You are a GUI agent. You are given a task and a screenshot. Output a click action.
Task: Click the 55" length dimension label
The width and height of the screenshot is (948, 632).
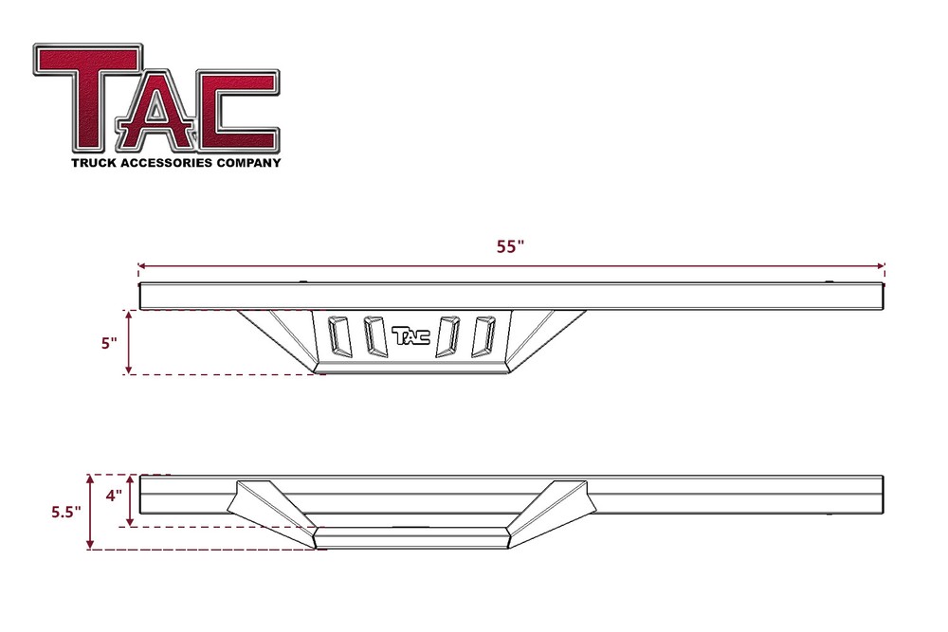510,247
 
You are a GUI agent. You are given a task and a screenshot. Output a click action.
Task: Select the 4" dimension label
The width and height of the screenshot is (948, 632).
114,496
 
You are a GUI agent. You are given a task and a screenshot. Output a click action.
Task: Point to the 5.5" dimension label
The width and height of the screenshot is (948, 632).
65,512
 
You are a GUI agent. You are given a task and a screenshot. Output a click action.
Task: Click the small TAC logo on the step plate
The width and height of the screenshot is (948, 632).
410,335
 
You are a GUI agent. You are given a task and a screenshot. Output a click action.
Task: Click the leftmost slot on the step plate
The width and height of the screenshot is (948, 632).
336,335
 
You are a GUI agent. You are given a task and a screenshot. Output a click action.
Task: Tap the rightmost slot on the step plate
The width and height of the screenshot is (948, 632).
486,335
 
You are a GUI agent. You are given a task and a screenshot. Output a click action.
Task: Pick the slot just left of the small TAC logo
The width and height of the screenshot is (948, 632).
373,335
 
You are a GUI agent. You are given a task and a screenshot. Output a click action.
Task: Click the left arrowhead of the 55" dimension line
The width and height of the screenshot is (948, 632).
140,266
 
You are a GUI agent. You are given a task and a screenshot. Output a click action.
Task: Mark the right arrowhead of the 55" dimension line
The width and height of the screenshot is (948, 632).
883,266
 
